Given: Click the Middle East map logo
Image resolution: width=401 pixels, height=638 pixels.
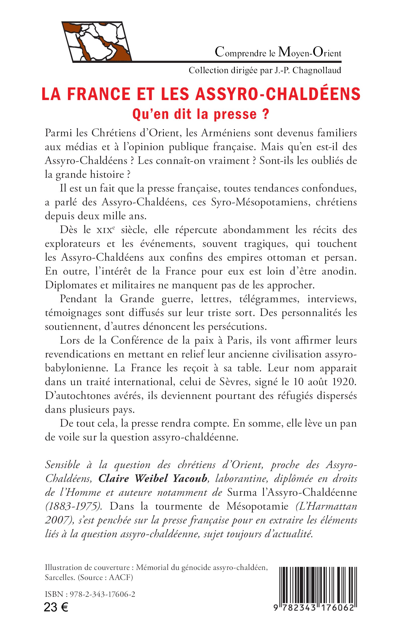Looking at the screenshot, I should click(97, 41).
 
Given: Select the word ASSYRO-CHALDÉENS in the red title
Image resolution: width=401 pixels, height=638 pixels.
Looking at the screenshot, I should click(278, 94).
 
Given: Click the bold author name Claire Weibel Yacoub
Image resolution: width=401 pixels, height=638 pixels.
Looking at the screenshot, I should click(153, 479).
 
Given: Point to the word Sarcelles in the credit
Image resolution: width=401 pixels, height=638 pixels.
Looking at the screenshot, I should click(60, 578).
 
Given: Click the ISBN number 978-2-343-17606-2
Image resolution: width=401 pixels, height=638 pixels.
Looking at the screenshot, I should click(102, 594).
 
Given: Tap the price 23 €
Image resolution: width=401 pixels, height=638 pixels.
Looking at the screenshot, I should click(56, 608).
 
